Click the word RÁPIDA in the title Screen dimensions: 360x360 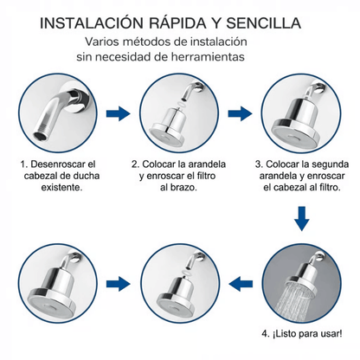click(179, 19)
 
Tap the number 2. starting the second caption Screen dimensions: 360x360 click(136, 162)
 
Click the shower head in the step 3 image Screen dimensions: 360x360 click(296, 121)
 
